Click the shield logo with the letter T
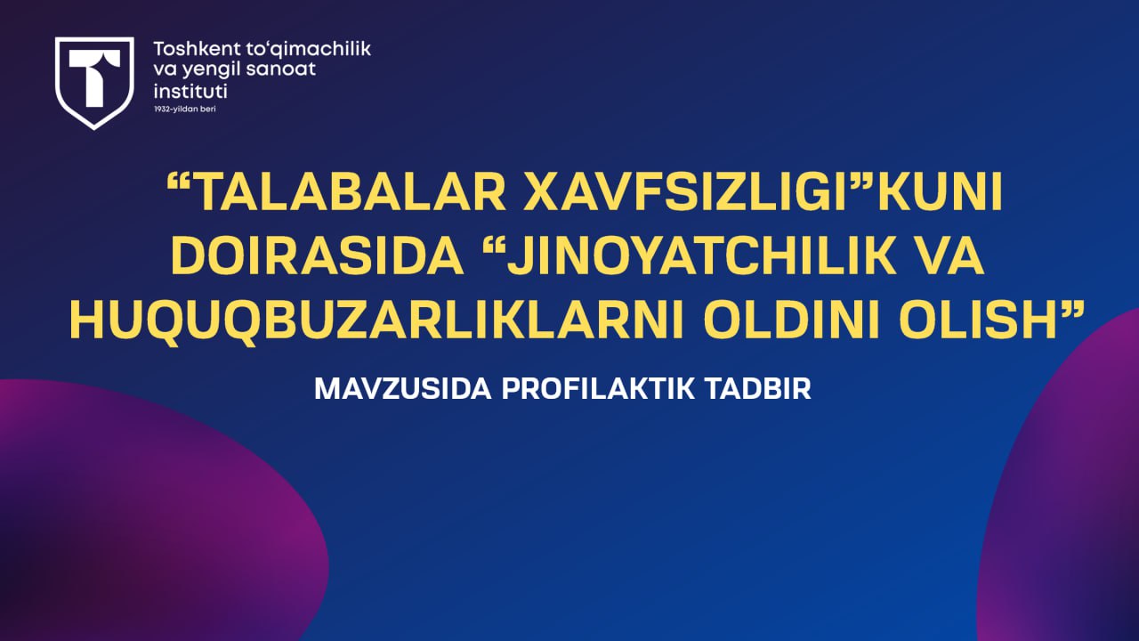click(94, 83)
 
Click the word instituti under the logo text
click(190, 91)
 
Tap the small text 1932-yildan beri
click(185, 110)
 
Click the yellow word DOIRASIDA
click(318, 256)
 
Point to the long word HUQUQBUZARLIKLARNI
click(376, 321)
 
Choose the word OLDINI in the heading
click(792, 320)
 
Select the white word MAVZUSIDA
click(403, 389)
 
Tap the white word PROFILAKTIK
click(598, 389)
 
